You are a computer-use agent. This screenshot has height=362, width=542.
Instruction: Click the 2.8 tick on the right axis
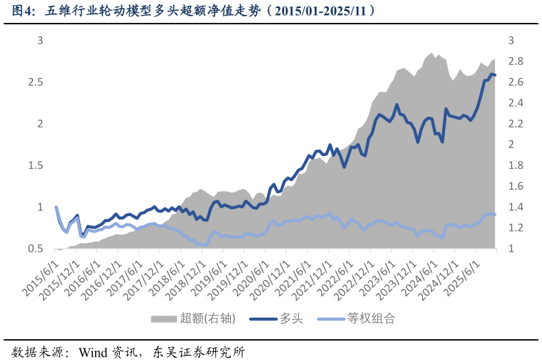tap(515, 61)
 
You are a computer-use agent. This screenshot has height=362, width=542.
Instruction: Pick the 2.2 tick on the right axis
tap(515, 124)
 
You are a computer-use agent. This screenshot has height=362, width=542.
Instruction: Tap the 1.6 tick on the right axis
tap(515, 186)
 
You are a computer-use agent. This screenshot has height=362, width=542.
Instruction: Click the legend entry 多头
tap(292, 319)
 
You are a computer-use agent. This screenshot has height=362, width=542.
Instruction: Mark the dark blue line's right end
tap(496, 75)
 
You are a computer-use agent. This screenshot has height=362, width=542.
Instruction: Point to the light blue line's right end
tap(496, 214)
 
